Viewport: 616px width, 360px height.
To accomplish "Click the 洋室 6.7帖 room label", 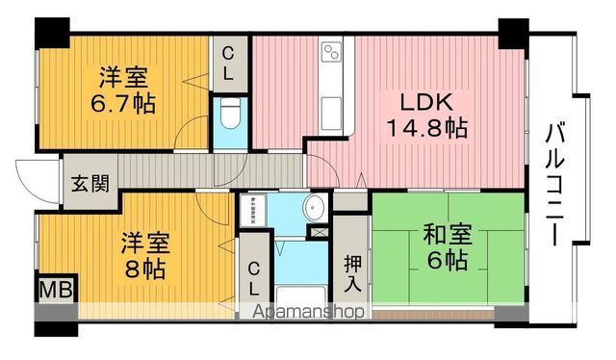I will (x=124, y=88).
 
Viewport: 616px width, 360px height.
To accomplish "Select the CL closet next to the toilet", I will (x=231, y=64).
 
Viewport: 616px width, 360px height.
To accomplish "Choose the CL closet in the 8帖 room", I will (x=252, y=277).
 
